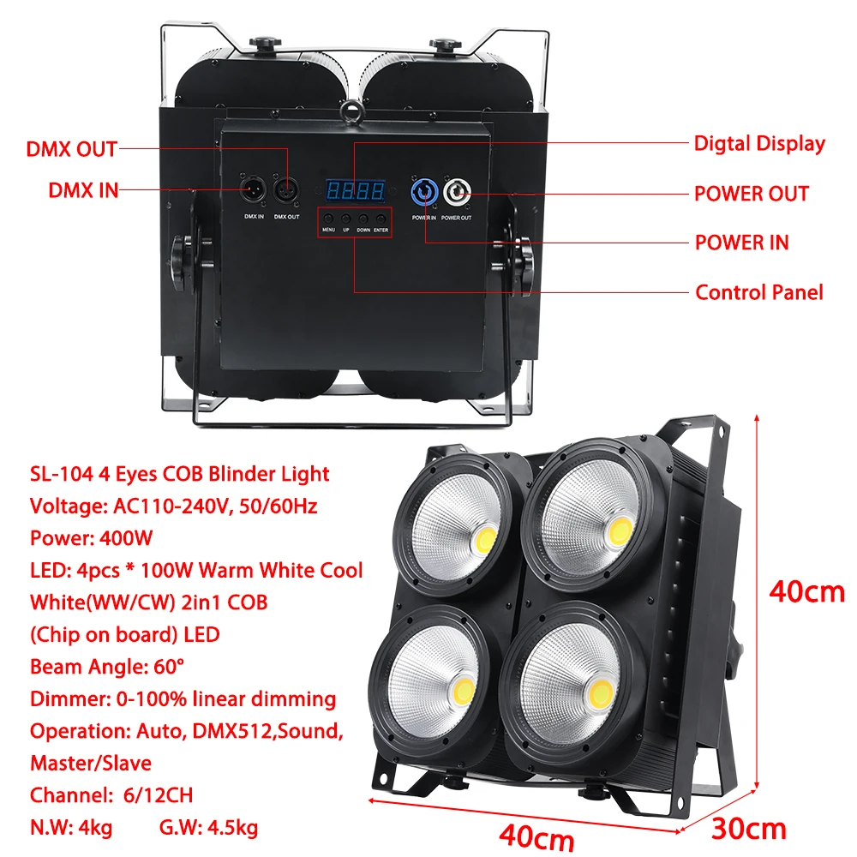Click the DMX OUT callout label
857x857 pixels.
pyautogui.click(x=71, y=149)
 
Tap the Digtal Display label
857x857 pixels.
pyautogui.click(x=759, y=143)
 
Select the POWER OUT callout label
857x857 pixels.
pyautogui.click(x=751, y=194)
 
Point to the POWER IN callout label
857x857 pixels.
pyautogui.click(x=741, y=243)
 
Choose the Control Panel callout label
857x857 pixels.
pyautogui.click(x=758, y=292)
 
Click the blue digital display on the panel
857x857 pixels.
pyautogui.click(x=357, y=189)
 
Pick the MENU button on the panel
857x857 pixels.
pyautogui.click(x=329, y=219)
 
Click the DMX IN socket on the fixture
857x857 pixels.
pyautogui.click(x=254, y=188)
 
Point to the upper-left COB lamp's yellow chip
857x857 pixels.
pyautogui.click(x=483, y=540)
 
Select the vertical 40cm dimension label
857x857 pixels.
pyautogui.click(x=806, y=592)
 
